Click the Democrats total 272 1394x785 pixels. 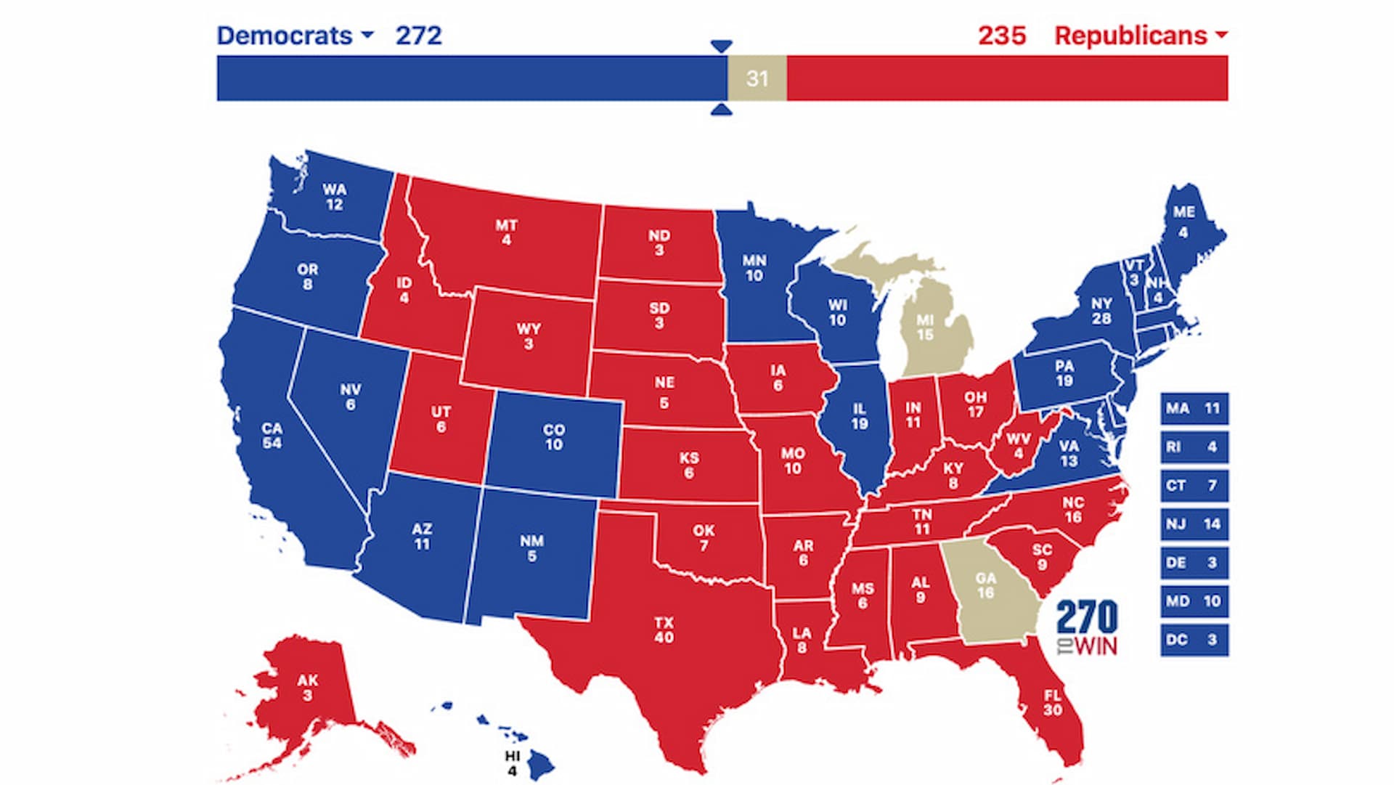(418, 36)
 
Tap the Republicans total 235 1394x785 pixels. (1001, 36)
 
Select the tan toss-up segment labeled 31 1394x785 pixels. (757, 78)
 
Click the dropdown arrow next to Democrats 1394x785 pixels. (367, 35)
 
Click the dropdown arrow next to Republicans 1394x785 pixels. (1220, 35)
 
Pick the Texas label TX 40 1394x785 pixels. (664, 630)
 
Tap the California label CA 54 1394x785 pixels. (272, 436)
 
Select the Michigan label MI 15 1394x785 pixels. (924, 328)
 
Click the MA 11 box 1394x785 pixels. (1194, 409)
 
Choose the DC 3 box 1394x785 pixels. (1194, 640)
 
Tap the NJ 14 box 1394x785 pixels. (1194, 524)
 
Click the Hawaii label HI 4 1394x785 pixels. (513, 763)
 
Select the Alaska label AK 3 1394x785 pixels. (307, 688)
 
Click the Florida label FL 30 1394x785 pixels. (1052, 702)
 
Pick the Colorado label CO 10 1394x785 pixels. (553, 437)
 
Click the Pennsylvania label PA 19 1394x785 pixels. (1064, 373)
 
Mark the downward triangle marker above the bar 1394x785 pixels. (721, 46)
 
